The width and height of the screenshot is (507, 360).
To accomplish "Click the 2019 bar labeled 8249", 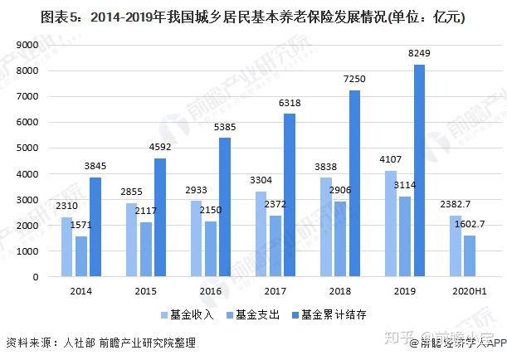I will click(419, 171).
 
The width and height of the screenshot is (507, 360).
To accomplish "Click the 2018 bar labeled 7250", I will click(354, 183).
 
